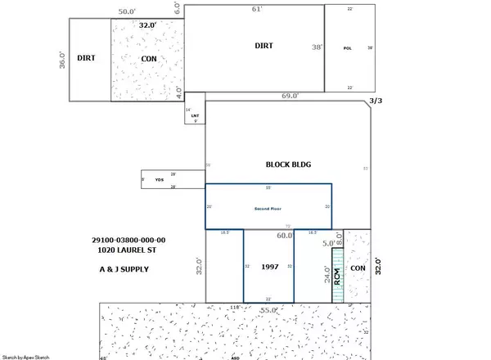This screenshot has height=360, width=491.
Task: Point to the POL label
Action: (347, 48)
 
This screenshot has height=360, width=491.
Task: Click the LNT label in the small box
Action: (195, 115)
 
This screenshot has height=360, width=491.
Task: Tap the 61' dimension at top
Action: (256, 9)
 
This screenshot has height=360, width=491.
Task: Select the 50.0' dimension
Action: (127, 13)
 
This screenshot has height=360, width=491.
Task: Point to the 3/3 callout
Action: (377, 101)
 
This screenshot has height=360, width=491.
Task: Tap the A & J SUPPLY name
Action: (119, 268)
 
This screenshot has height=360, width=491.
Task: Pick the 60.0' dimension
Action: (284, 236)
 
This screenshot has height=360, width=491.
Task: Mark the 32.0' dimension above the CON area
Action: (147, 25)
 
